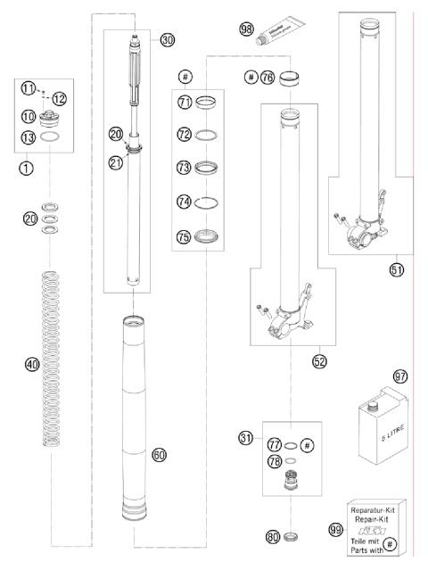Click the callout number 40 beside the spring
[x=32, y=364]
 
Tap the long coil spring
[x=57, y=361]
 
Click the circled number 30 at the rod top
[x=168, y=39]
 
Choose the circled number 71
[x=185, y=103]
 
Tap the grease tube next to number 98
[x=278, y=36]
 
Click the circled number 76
[x=267, y=78]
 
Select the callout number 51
[x=395, y=267]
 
